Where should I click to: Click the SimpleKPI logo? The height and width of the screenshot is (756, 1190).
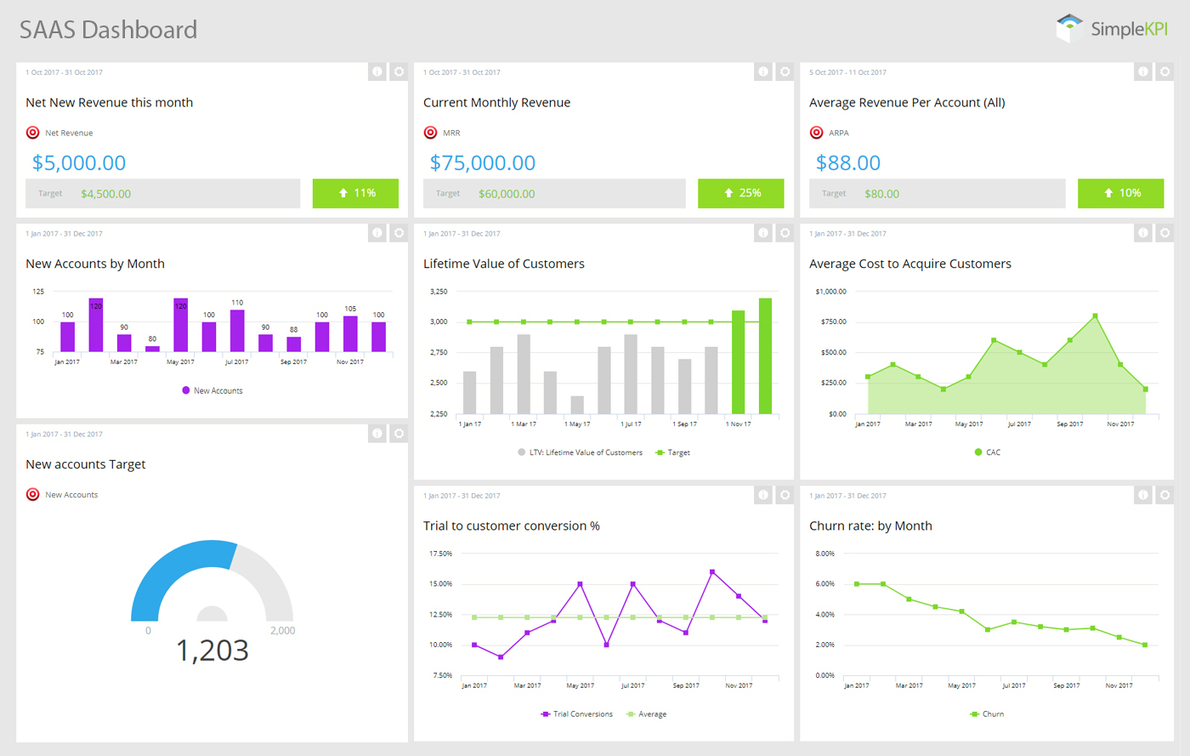1112,28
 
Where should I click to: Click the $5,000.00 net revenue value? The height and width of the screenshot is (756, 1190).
79,162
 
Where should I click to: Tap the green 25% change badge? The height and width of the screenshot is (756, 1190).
740,193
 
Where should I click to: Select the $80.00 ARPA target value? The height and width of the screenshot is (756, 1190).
881,194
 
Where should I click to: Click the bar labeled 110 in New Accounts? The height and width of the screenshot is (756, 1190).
237,330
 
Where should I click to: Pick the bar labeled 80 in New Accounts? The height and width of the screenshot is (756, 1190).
152,348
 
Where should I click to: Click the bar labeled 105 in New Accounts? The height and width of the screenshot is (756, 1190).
350,333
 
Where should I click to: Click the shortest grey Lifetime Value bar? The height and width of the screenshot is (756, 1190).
577,405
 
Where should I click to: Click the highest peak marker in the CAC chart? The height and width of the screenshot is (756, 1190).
1095,315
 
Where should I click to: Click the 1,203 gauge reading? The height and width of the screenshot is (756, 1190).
212,651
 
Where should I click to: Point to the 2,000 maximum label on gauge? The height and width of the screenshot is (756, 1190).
282,631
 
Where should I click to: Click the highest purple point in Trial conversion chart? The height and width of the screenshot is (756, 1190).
711,571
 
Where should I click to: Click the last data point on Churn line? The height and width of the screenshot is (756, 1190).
1145,645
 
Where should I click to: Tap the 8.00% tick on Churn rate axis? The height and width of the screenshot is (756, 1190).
824,554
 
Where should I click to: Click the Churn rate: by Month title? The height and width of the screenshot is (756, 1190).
870,526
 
